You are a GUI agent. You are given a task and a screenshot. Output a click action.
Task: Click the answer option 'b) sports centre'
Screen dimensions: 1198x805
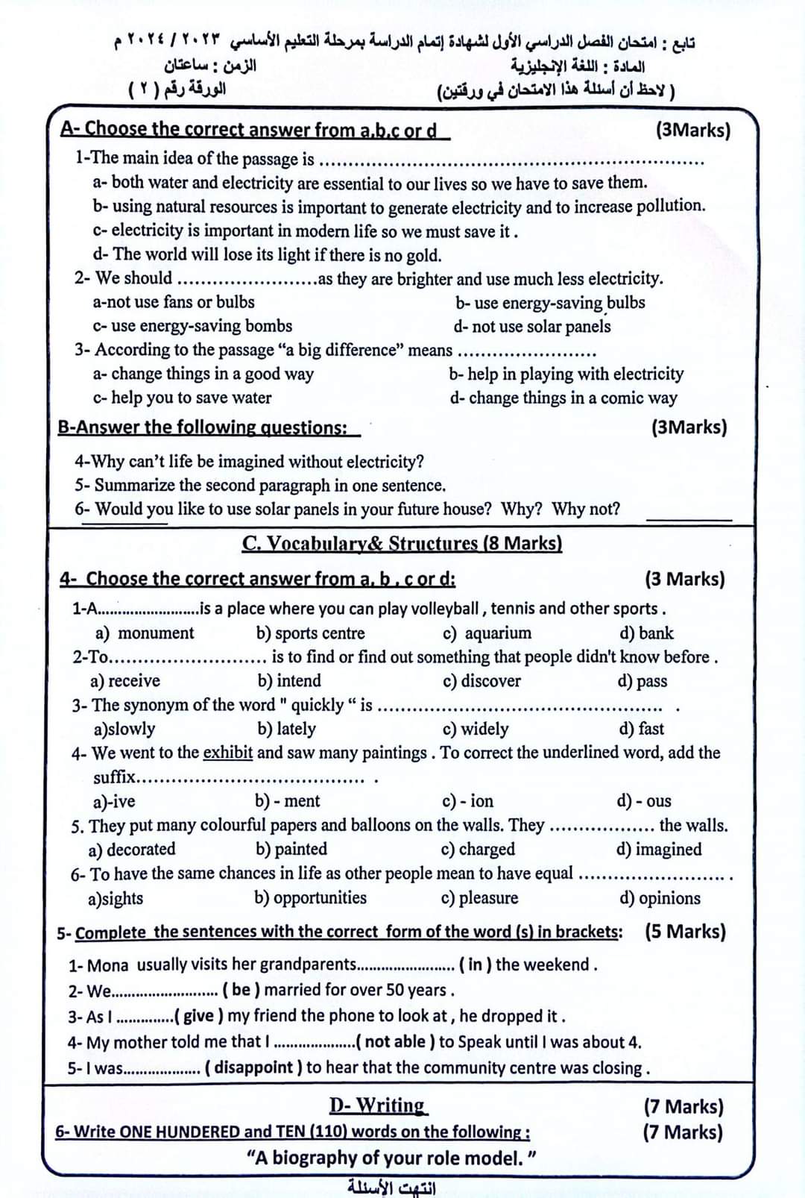[x=310, y=633]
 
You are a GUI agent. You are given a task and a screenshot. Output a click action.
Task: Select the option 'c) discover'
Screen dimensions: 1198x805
[x=482, y=681]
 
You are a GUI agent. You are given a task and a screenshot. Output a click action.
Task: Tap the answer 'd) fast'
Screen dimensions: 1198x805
[x=641, y=729]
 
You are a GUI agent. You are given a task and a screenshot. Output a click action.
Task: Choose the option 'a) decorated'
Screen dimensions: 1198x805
[x=132, y=850]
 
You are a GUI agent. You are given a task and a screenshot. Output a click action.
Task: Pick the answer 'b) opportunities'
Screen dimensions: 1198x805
[x=310, y=898]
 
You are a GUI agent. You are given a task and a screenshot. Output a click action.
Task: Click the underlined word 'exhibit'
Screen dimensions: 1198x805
[x=227, y=753]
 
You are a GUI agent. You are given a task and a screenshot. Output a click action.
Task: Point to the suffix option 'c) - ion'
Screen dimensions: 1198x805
[x=467, y=801]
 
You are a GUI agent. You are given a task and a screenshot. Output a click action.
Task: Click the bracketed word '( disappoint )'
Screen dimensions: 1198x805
[x=253, y=1067]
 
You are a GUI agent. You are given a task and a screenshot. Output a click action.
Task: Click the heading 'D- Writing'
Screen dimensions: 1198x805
[x=378, y=1106]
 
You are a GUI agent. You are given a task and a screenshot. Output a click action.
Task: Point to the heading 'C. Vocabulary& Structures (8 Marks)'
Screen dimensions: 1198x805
[x=402, y=543]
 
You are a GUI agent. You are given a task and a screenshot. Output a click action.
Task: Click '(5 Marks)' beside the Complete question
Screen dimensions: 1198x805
[x=685, y=932]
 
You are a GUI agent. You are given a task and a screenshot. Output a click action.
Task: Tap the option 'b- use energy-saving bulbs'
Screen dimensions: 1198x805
[x=550, y=303]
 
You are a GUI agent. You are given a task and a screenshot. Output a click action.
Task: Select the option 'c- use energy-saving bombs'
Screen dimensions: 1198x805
[x=192, y=326]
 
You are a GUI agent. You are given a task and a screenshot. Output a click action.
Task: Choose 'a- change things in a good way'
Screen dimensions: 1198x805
[x=203, y=374]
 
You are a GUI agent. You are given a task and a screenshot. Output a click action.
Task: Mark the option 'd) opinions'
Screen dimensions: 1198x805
[x=660, y=898]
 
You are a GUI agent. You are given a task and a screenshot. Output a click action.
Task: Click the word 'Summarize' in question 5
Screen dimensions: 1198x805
[x=137, y=486]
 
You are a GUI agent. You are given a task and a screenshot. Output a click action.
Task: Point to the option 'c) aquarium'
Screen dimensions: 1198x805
[x=487, y=633]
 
